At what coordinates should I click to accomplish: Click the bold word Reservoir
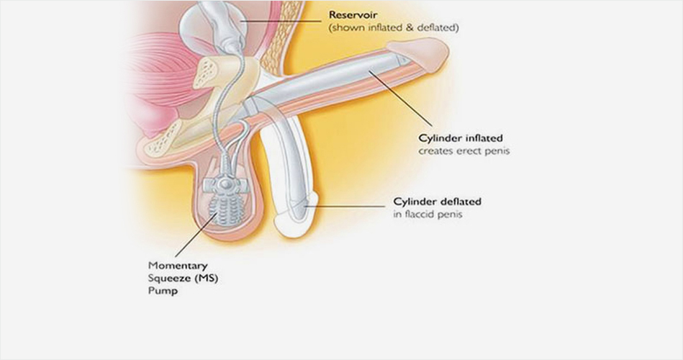pyautogui.click(x=353, y=14)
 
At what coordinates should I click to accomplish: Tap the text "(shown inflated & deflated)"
pyautogui.click(x=393, y=28)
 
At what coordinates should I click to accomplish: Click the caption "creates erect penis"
pyautogui.click(x=463, y=152)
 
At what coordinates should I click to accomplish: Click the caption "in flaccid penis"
pyautogui.click(x=428, y=215)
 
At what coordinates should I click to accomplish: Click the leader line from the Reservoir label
pyautogui.click(x=281, y=22)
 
